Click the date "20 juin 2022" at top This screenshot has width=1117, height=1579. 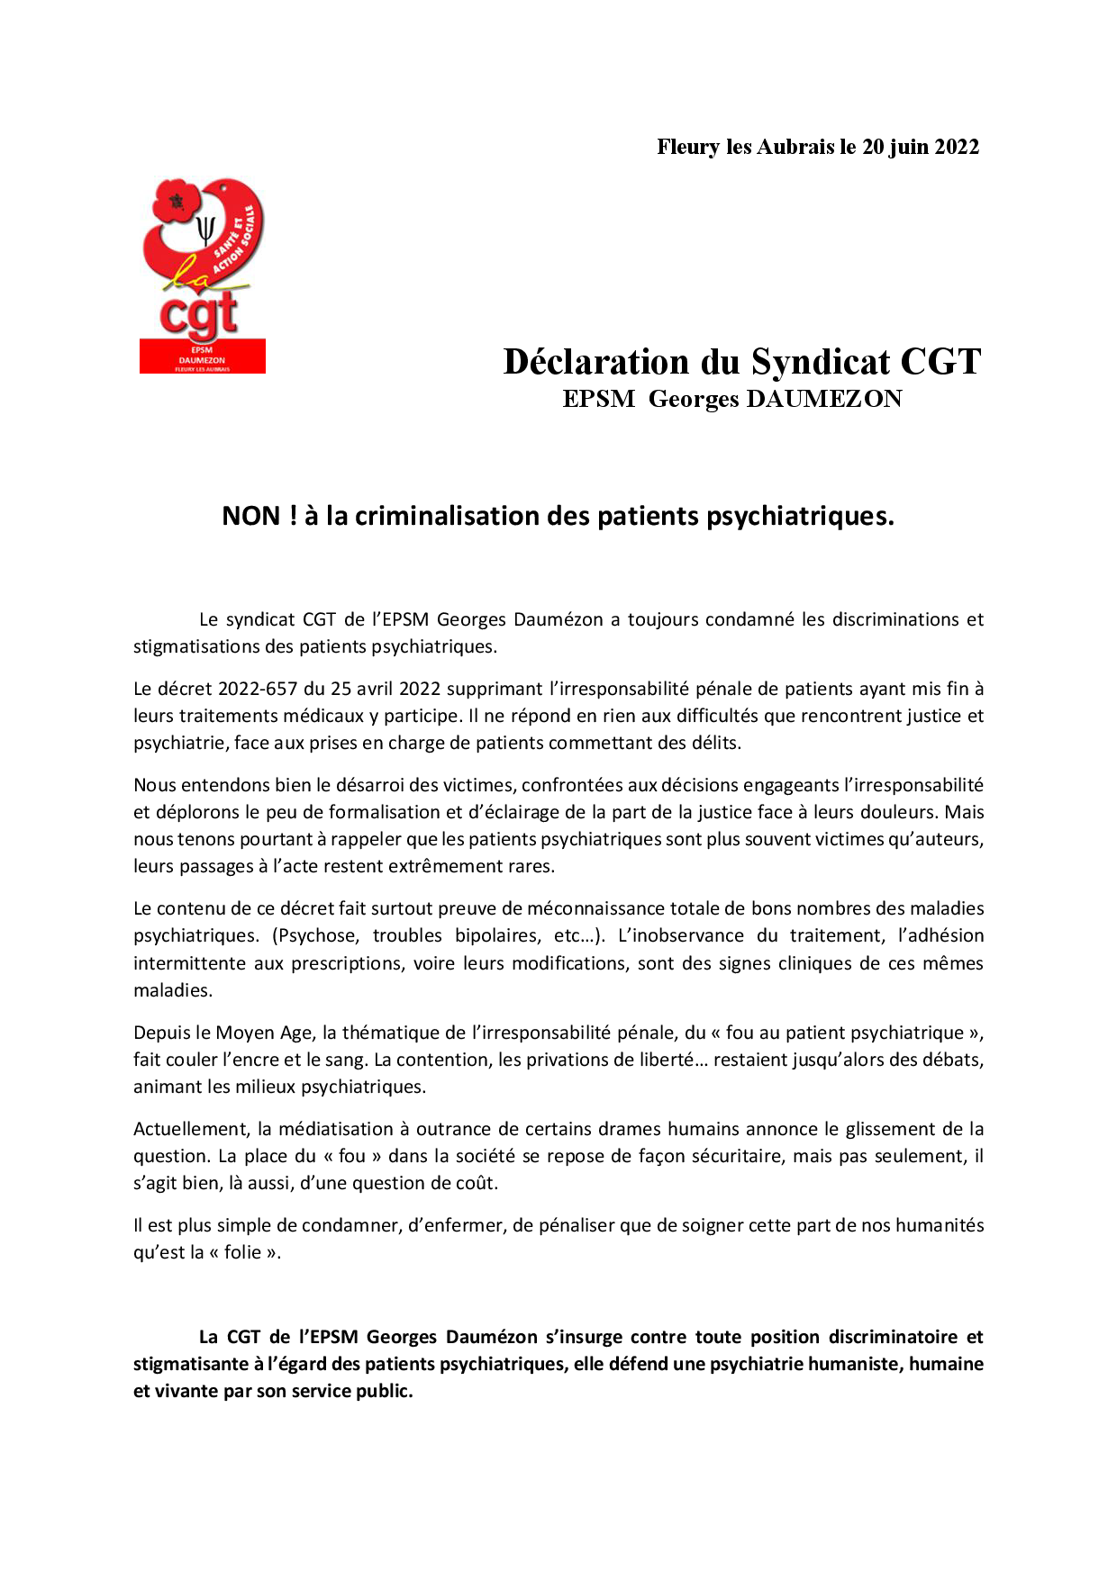point(920,148)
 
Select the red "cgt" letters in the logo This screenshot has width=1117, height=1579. point(199,315)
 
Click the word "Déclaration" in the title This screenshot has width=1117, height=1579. point(595,362)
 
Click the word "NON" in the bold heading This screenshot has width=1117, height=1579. point(251,516)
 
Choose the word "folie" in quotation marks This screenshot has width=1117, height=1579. point(242,1252)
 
